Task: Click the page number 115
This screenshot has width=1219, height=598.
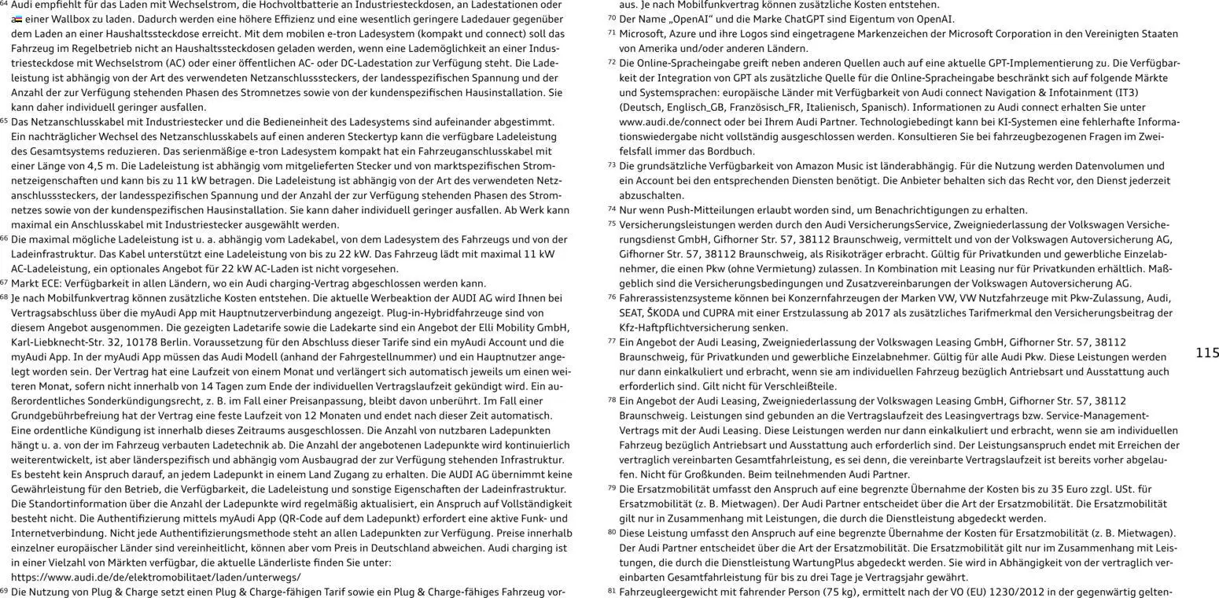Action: [1206, 353]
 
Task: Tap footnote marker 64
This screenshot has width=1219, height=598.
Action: [5, 4]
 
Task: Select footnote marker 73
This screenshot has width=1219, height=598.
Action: [612, 165]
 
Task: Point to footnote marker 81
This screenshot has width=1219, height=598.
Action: [612, 590]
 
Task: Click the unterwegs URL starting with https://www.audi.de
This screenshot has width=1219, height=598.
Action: [156, 577]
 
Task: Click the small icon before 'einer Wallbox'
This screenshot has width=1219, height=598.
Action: [17, 19]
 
